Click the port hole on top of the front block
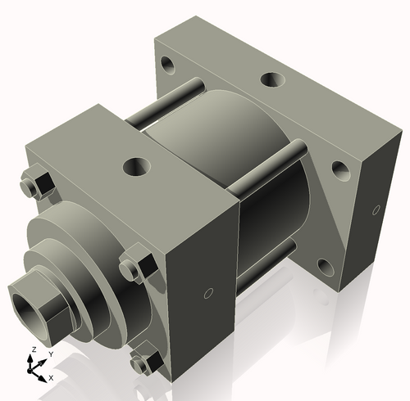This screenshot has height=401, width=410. pyautogui.click(x=134, y=167)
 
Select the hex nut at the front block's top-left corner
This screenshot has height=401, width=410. pyautogui.click(x=36, y=184)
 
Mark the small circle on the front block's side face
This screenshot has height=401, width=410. pyautogui.click(x=207, y=292)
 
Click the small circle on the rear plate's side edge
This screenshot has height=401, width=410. pyautogui.click(x=377, y=207)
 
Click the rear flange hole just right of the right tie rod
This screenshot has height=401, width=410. pyautogui.click(x=339, y=170)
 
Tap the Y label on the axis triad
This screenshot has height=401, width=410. pyautogui.click(x=50, y=354)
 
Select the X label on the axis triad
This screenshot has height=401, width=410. pyautogui.click(x=51, y=378)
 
